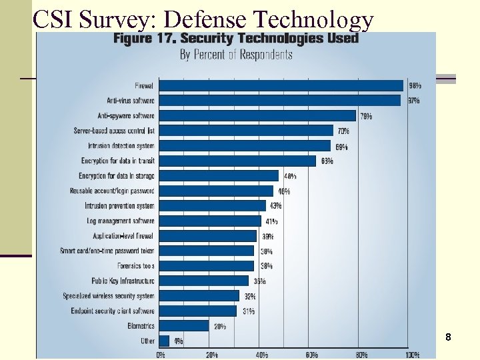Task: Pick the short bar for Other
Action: coord(165,340)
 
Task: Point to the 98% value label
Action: coord(415,85)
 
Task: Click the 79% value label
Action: coord(366,116)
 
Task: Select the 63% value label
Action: coord(327,161)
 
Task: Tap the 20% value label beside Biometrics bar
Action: coord(219,326)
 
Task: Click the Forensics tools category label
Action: coord(131,266)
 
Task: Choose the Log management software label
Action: coord(121,221)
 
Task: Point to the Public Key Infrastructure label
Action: coord(123,281)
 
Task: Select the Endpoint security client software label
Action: coord(113,311)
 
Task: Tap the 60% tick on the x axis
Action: coord(311,355)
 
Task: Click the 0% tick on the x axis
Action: coord(161,355)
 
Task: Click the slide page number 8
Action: coord(449,337)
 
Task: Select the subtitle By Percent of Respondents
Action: coord(236,55)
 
